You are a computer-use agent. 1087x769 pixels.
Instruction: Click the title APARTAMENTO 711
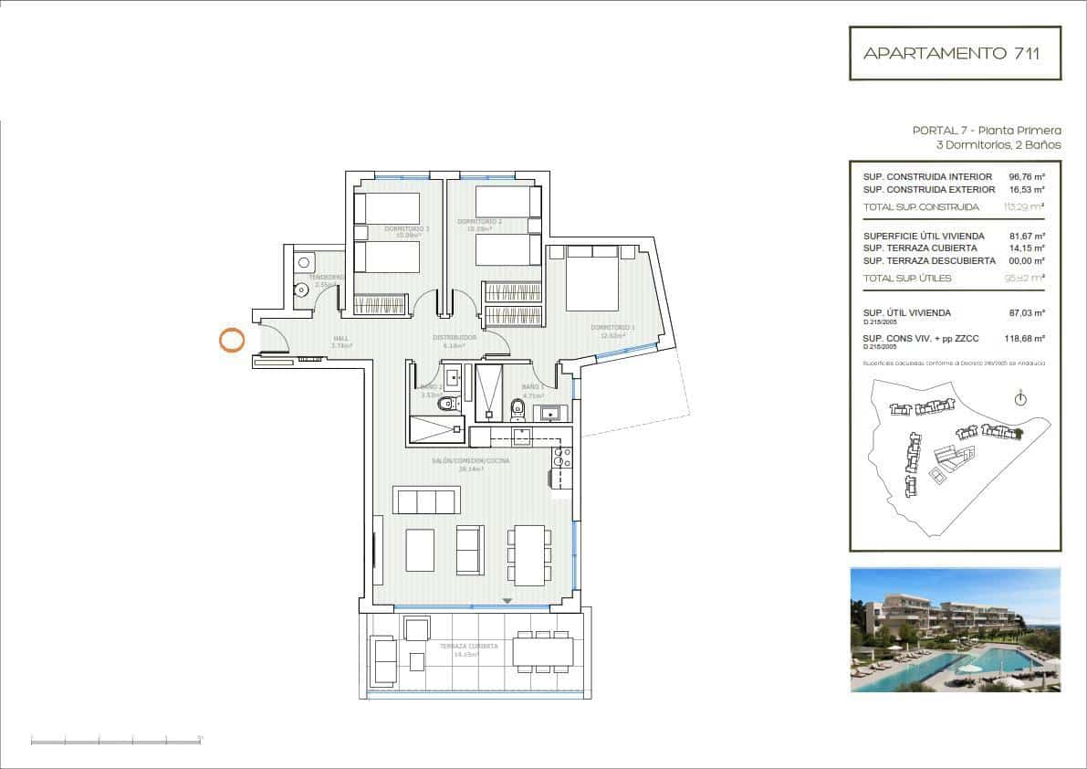click(955, 53)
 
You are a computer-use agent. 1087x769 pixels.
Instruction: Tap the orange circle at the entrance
click(232, 341)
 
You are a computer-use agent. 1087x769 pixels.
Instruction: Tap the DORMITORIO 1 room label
click(612, 328)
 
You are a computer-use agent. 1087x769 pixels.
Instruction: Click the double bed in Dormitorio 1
click(594, 278)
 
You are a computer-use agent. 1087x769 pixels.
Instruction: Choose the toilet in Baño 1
click(517, 407)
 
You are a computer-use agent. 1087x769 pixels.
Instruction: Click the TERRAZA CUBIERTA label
click(468, 646)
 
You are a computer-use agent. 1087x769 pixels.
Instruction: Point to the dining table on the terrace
click(543, 650)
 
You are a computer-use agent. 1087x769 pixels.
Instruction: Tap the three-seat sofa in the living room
click(424, 500)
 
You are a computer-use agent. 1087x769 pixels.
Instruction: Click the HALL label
click(341, 339)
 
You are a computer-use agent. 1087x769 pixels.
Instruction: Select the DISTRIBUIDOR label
click(455, 338)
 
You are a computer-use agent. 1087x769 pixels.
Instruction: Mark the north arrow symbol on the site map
click(1020, 398)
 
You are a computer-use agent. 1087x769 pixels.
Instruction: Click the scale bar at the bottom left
click(116, 739)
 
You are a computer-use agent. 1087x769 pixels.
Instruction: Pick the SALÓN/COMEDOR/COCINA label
click(470, 461)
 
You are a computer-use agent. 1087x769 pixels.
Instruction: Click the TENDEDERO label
click(326, 277)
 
